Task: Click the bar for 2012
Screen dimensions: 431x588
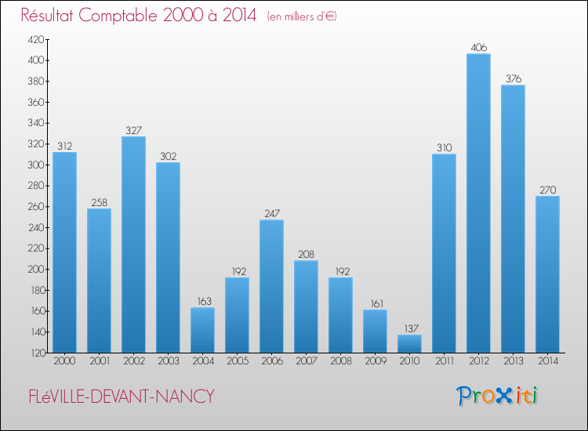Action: (x=478, y=203)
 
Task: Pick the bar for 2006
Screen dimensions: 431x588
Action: (x=271, y=286)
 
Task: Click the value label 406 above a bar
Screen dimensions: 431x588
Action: (x=478, y=48)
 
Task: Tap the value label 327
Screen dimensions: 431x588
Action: (x=133, y=131)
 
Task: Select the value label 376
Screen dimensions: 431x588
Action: (x=513, y=79)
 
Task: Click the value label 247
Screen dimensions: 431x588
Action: (x=271, y=214)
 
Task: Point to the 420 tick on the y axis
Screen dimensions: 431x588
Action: (x=37, y=39)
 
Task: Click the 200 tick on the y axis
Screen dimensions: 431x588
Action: (x=37, y=270)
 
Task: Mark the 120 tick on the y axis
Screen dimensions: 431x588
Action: (x=37, y=353)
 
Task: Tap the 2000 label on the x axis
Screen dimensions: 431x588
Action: (x=64, y=362)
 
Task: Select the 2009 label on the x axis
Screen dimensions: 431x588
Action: (x=375, y=362)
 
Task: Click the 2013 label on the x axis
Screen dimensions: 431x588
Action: (x=513, y=362)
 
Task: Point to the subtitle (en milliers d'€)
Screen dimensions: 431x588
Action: (x=302, y=16)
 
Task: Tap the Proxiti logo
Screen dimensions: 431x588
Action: (x=498, y=396)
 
